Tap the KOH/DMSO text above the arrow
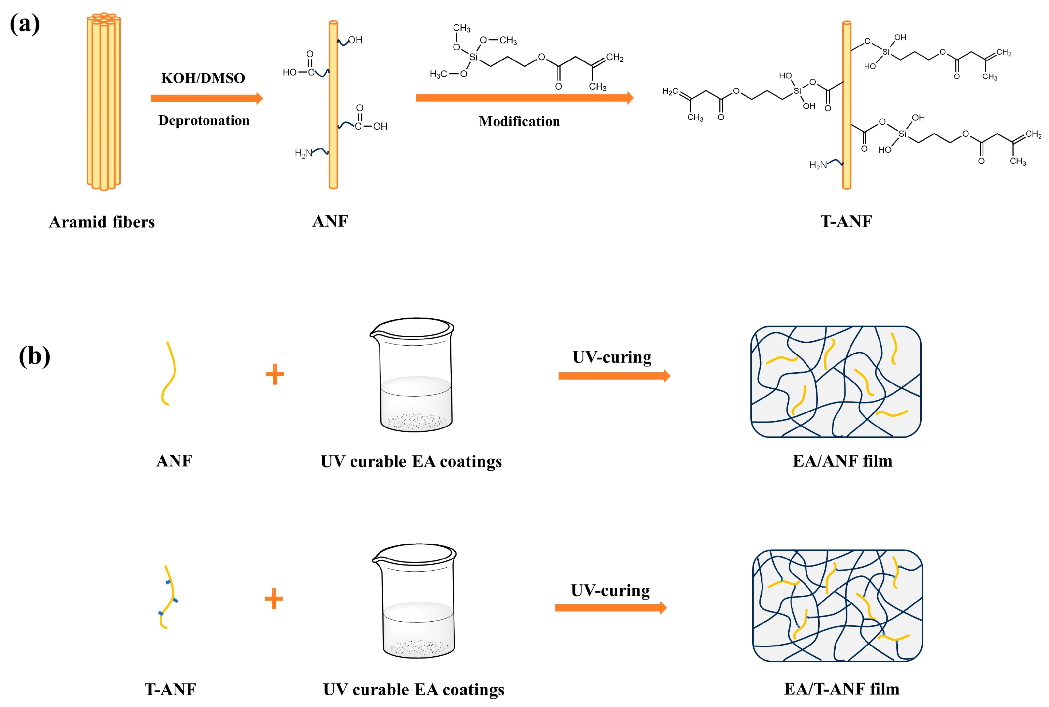(x=203, y=78)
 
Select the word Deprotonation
(x=204, y=120)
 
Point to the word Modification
(x=519, y=121)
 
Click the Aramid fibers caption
(x=101, y=222)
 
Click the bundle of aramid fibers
(x=104, y=102)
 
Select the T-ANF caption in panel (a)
(x=846, y=221)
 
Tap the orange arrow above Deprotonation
(x=207, y=98)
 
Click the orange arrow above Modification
(x=525, y=98)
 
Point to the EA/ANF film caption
(x=843, y=461)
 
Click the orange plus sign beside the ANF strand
(x=275, y=374)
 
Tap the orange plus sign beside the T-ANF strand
(x=273, y=599)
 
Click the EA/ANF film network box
(x=836, y=381)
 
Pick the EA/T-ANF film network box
(x=838, y=606)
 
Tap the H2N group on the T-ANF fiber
(x=818, y=165)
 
